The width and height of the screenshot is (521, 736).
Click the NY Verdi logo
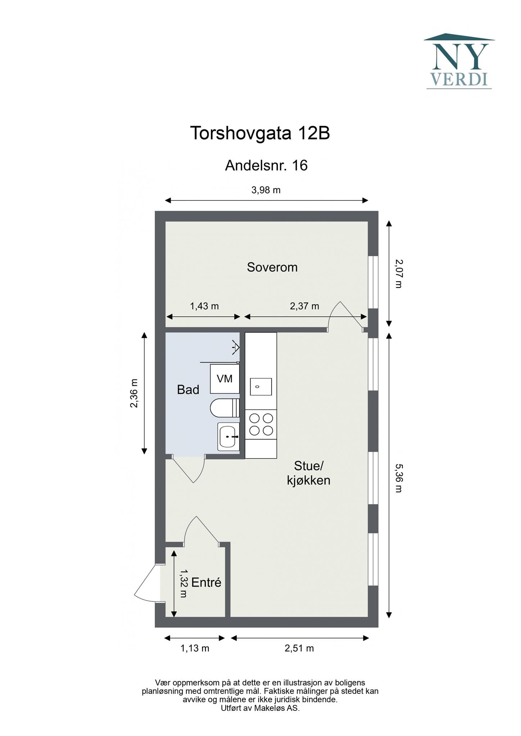pyautogui.click(x=459, y=61)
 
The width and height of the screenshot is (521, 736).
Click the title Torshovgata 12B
pyautogui.click(x=260, y=133)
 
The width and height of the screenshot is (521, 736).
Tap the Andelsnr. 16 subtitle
pyautogui.click(x=266, y=166)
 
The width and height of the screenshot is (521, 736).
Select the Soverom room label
pyautogui.click(x=272, y=267)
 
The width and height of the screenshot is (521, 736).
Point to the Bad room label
pyautogui.click(x=188, y=390)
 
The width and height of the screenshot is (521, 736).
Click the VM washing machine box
pyautogui.click(x=225, y=379)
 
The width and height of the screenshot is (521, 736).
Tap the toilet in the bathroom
pyautogui.click(x=225, y=408)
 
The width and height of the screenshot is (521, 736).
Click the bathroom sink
pyautogui.click(x=228, y=436)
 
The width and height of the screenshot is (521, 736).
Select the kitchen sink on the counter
pyautogui.click(x=261, y=387)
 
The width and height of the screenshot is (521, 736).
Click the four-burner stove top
pyautogui.click(x=261, y=424)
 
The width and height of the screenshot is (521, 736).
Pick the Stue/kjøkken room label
pyautogui.click(x=309, y=473)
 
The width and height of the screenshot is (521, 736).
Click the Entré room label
pyautogui.click(x=206, y=583)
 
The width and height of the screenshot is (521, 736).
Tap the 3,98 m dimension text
pyautogui.click(x=266, y=190)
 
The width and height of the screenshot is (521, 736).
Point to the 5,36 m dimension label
pyautogui.click(x=398, y=478)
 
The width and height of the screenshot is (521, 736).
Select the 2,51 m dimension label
pyautogui.click(x=299, y=648)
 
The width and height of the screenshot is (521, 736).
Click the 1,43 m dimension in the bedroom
pyautogui.click(x=204, y=306)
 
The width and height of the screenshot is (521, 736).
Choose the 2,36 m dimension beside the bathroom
pyautogui.click(x=134, y=393)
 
